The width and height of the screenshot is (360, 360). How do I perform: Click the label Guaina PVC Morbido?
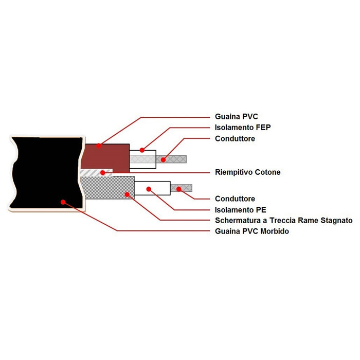(x=252, y=231)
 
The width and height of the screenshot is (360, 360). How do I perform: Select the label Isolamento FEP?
(x=243, y=128)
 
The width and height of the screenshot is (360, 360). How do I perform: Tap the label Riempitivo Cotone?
(x=248, y=172)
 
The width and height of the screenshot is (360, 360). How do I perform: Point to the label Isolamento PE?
(x=240, y=210)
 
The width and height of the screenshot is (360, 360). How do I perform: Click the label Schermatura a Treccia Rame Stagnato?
(x=284, y=221)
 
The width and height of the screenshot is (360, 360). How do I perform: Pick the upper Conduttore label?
(x=235, y=139)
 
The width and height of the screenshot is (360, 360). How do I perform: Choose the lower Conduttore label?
(x=235, y=199)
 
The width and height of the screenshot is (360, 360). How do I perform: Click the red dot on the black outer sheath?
(x=63, y=202)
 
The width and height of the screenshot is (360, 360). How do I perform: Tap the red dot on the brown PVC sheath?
(x=99, y=146)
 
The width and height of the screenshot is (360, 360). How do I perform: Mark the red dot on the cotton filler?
(x=103, y=172)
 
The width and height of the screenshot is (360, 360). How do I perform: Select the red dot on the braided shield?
(x=127, y=195)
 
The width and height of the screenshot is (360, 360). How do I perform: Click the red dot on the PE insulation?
(x=149, y=189)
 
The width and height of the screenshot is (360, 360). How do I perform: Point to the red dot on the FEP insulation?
(x=142, y=150)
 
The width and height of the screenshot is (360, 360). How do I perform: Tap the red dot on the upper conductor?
(x=163, y=159)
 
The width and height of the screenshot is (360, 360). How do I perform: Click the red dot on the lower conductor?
(x=179, y=189)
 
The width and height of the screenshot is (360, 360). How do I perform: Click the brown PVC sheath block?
(x=105, y=158)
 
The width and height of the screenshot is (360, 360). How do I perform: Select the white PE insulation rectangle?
(x=152, y=188)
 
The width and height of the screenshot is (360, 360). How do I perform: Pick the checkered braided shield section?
(x=107, y=188)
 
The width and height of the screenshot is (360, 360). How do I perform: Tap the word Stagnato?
(x=336, y=221)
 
